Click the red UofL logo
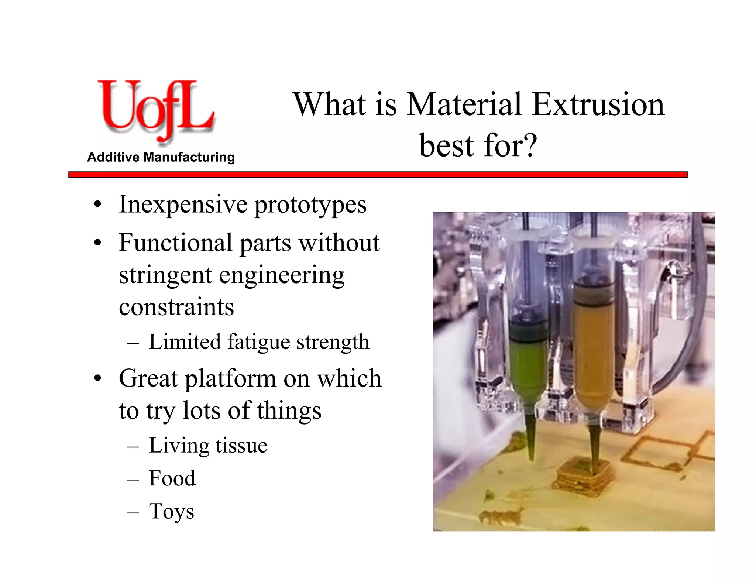coord(155,111)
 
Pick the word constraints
coord(176,307)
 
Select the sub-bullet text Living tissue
coord(208,446)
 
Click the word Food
coord(172,478)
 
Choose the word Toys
coord(171,512)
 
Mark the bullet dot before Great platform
coord(97,379)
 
